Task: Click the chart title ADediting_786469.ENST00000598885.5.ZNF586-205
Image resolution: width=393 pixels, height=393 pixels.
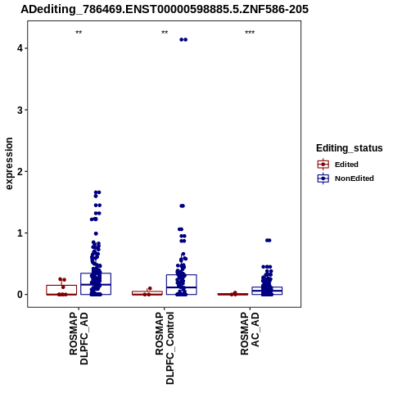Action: pos(165,9)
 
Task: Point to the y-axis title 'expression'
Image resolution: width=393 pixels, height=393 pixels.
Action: pos(9,164)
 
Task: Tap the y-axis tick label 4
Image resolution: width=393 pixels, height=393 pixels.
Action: pos(20,48)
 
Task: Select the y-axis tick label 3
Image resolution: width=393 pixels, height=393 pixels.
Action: pos(20,110)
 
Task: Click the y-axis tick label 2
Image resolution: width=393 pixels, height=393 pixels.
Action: pos(20,171)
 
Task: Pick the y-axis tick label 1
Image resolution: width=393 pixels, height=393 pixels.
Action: pos(20,233)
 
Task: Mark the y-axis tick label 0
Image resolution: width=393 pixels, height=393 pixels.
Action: pos(20,295)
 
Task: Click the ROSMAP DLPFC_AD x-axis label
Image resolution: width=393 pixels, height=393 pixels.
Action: pos(79,338)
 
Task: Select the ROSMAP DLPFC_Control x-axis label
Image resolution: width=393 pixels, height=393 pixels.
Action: pos(165,348)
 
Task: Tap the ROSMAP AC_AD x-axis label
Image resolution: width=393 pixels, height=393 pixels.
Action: pos(250,333)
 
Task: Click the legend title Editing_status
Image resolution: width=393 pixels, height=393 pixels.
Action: pos(350,148)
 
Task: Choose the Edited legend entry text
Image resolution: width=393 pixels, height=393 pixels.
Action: pos(346,165)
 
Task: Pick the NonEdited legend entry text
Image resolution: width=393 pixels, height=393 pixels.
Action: pos(355,178)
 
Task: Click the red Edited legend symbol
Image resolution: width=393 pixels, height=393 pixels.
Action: pos(323,165)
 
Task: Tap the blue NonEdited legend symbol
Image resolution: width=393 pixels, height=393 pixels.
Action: pos(323,178)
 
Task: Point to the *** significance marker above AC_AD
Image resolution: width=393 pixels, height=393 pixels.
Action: pos(250,33)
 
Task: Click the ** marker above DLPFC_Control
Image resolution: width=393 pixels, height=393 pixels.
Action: pos(165,33)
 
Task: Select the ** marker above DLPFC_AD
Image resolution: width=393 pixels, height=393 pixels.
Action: pos(79,33)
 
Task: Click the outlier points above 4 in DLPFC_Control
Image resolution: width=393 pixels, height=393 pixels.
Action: pos(183,40)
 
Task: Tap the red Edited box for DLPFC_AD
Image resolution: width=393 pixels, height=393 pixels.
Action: pos(61,286)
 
